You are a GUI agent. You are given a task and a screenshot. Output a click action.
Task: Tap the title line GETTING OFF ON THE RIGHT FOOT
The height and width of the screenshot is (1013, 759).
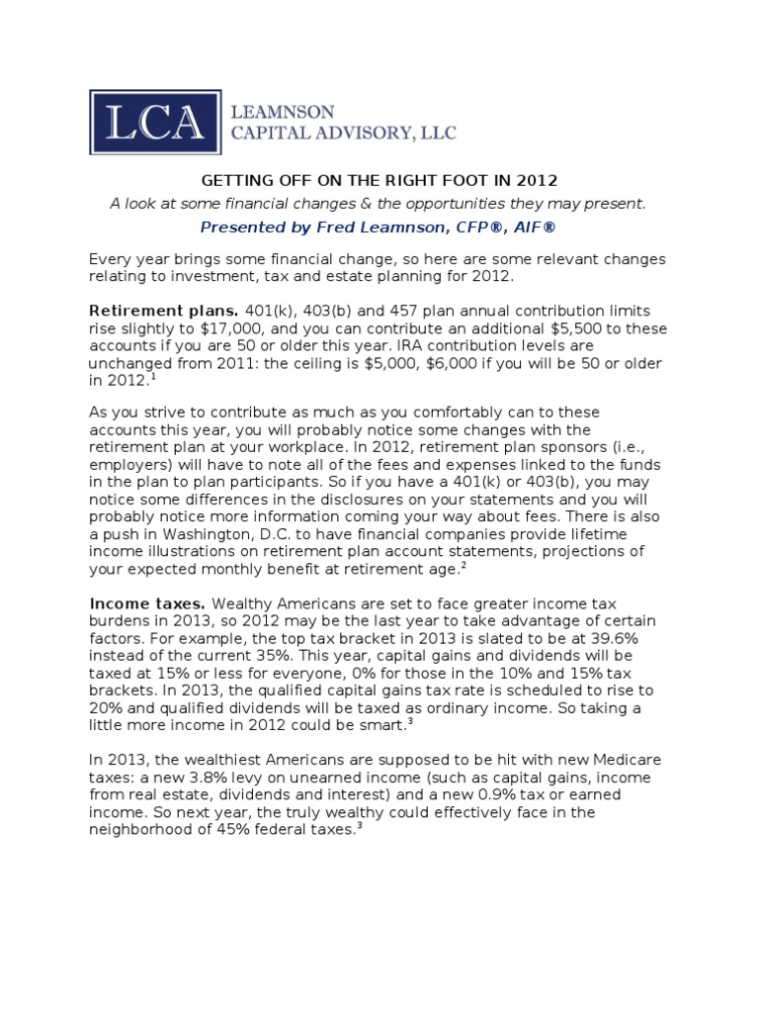pyautogui.click(x=379, y=181)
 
